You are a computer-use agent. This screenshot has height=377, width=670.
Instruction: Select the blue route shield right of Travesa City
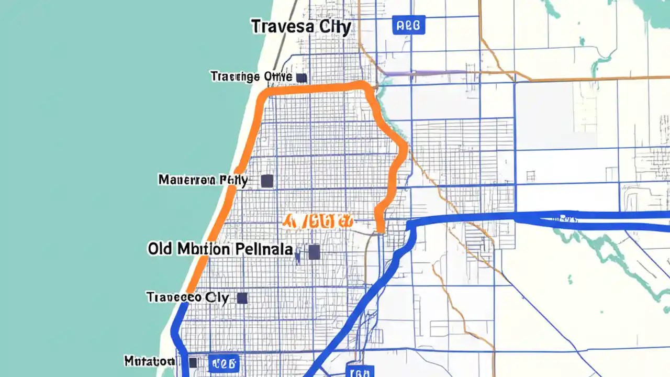coord(408,25)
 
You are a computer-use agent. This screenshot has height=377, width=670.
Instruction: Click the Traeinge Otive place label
coord(251,76)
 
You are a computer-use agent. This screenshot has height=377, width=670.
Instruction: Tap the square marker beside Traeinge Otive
coord(301,77)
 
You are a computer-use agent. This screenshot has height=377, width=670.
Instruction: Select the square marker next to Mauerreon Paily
coord(267,181)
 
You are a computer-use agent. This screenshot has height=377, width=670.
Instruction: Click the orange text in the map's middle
coord(317,221)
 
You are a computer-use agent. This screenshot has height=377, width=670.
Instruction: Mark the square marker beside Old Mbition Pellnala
coord(314,252)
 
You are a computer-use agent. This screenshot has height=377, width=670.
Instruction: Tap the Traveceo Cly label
coord(188,298)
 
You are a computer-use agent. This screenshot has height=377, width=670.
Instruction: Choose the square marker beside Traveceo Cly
coord(242,298)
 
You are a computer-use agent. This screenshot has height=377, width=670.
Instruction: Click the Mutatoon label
coord(149,361)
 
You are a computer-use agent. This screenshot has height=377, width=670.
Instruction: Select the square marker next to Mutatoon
coord(192,362)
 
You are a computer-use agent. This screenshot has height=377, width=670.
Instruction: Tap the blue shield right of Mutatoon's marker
coord(224,362)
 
